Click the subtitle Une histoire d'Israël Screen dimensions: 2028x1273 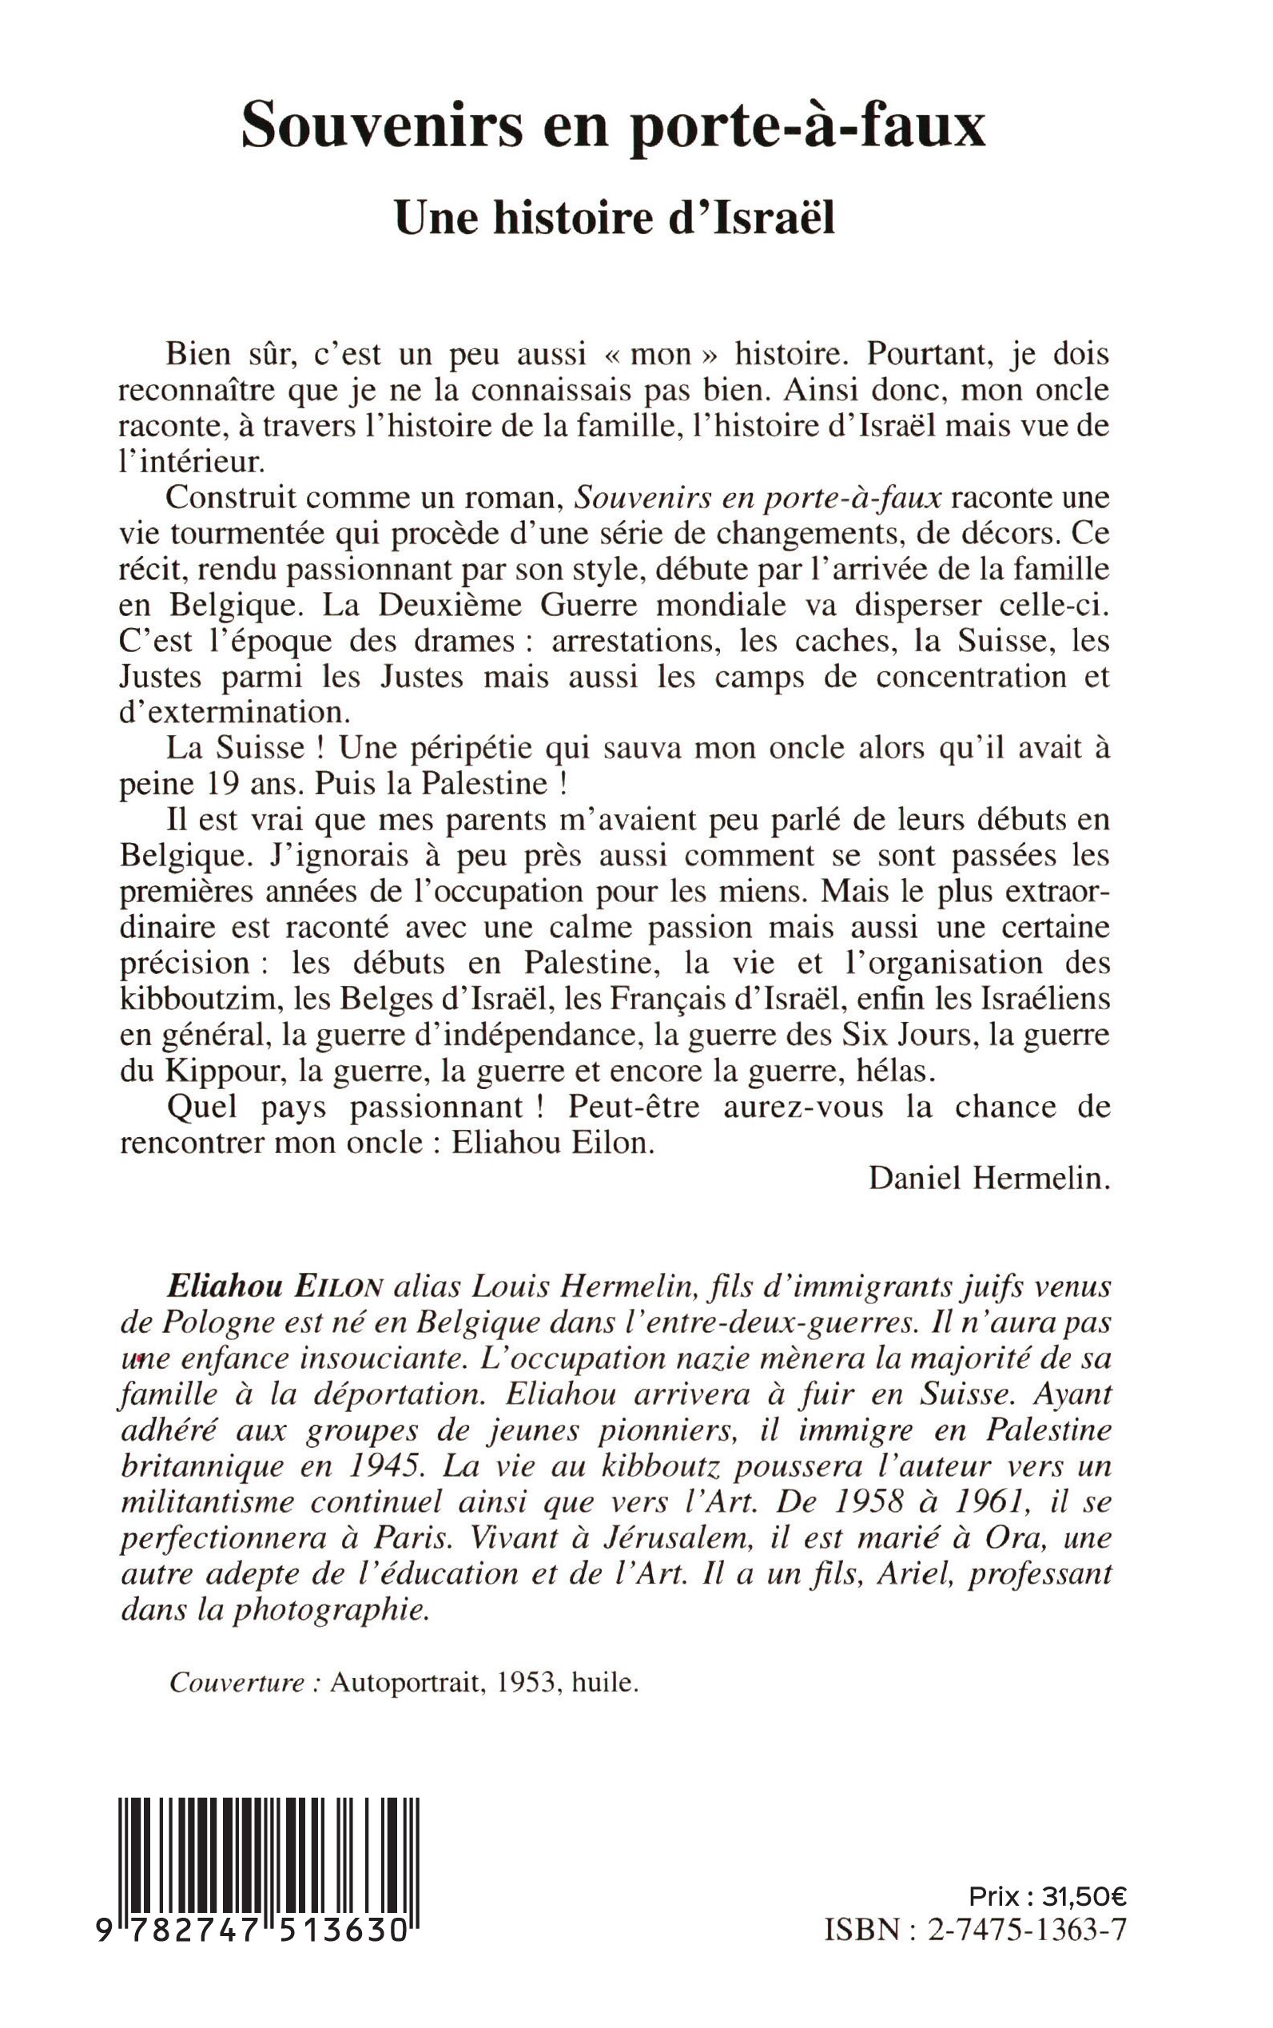pos(615,218)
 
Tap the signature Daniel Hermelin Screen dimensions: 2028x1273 pos(989,1178)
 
